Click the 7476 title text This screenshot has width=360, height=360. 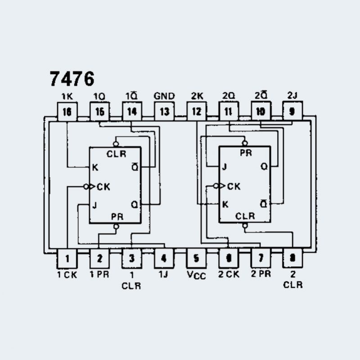(x=72, y=79)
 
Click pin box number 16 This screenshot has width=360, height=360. (x=67, y=111)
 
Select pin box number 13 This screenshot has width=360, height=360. (x=164, y=111)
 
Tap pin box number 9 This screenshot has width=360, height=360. (x=292, y=111)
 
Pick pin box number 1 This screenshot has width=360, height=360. (x=67, y=258)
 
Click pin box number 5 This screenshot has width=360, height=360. (x=197, y=258)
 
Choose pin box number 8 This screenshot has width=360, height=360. (x=292, y=258)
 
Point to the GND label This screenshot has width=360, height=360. (x=164, y=96)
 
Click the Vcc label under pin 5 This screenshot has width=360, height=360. (x=197, y=274)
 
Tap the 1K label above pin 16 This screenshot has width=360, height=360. (x=67, y=96)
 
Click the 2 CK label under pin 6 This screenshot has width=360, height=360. (x=229, y=274)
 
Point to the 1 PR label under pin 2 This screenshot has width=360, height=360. (x=99, y=274)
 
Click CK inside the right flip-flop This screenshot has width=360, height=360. (x=234, y=186)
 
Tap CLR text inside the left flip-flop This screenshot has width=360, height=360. (x=117, y=154)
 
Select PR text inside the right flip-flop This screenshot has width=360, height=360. (x=246, y=153)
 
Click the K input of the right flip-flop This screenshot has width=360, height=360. (x=225, y=204)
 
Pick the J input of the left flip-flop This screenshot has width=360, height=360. (x=94, y=205)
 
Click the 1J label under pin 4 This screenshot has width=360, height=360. (x=163, y=273)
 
